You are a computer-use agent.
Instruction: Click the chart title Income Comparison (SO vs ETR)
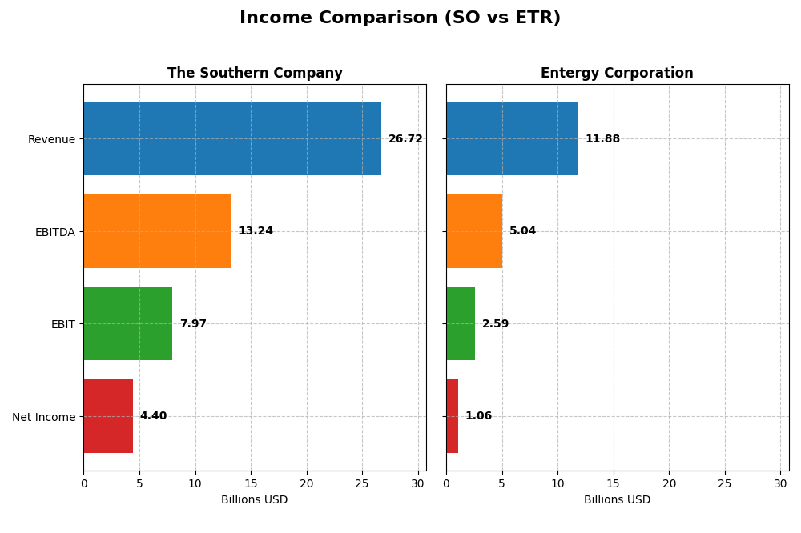tap(400, 18)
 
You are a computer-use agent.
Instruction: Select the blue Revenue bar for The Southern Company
tap(232, 138)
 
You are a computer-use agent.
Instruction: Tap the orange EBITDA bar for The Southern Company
tap(157, 231)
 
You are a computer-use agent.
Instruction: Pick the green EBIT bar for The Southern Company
tap(127, 323)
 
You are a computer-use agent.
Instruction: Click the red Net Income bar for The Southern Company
tap(108, 416)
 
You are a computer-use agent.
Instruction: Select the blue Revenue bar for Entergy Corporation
tap(512, 138)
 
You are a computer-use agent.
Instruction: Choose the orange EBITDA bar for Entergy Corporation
tap(474, 231)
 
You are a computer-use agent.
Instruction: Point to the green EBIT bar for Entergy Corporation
tap(461, 323)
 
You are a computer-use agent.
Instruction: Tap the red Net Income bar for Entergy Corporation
tap(452, 416)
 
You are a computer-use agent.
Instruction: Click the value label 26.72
tap(405, 139)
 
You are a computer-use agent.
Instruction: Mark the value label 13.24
tap(256, 231)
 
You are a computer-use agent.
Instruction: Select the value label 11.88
tap(602, 139)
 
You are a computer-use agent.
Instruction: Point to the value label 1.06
tap(478, 416)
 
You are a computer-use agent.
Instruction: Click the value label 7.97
tap(193, 324)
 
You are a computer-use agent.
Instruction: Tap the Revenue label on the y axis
tap(51, 139)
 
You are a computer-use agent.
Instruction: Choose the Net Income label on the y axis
tap(44, 417)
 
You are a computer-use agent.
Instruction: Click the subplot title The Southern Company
tap(255, 74)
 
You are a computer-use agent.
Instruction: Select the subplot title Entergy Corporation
tap(617, 74)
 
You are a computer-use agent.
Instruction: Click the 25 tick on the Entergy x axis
tap(724, 483)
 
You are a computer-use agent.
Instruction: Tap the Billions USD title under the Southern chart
tap(255, 500)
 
